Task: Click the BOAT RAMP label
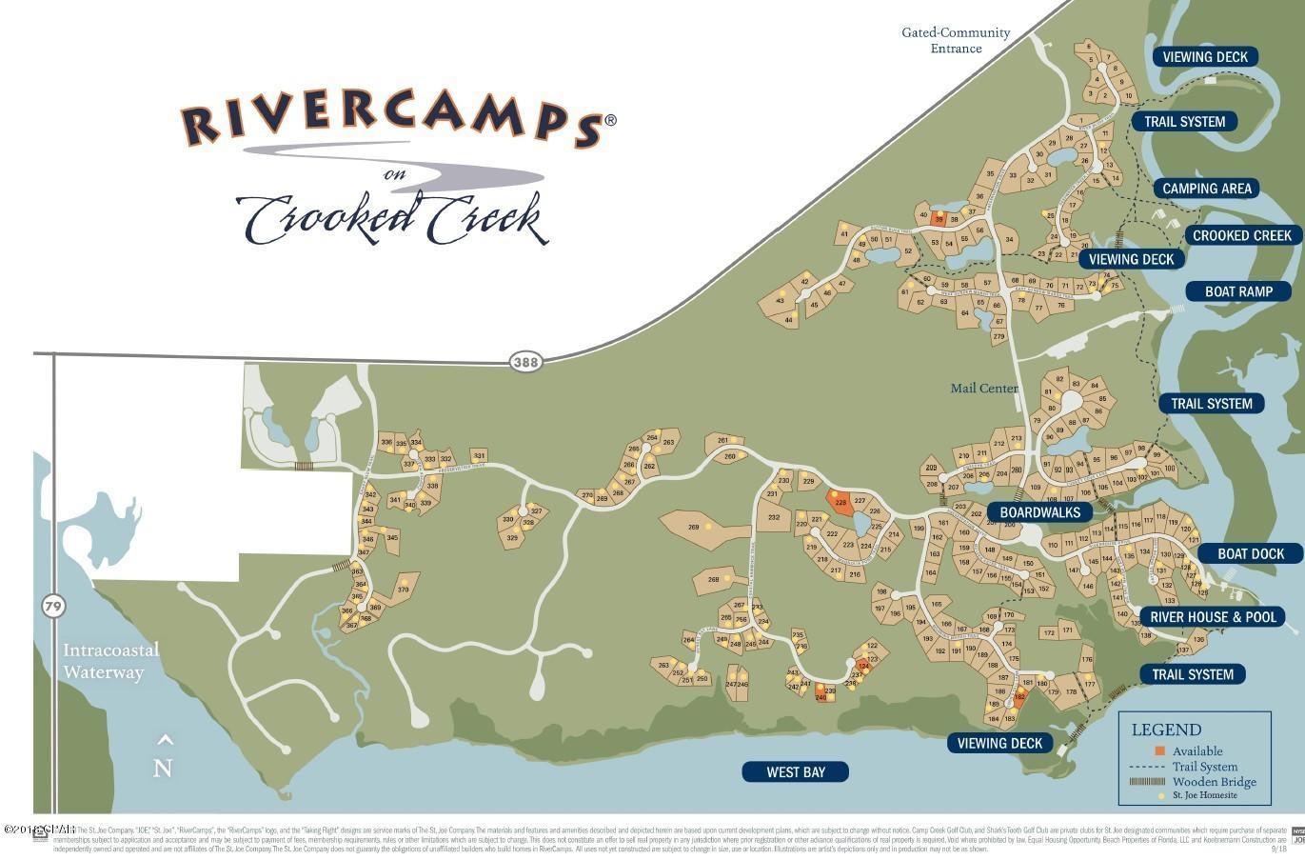click(1238, 291)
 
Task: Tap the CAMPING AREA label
click(1206, 189)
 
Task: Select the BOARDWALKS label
click(1039, 512)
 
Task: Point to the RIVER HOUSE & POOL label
click(1213, 617)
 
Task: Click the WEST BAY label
click(795, 772)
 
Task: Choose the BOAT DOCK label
click(1251, 553)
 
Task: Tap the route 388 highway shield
click(524, 362)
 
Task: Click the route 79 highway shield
click(53, 605)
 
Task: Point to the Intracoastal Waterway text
click(110, 661)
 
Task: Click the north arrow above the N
click(165, 740)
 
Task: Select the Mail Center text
click(984, 388)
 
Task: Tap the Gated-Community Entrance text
click(956, 40)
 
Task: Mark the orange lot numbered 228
click(840, 503)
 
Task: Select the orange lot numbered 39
click(939, 218)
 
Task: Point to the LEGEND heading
click(1166, 730)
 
